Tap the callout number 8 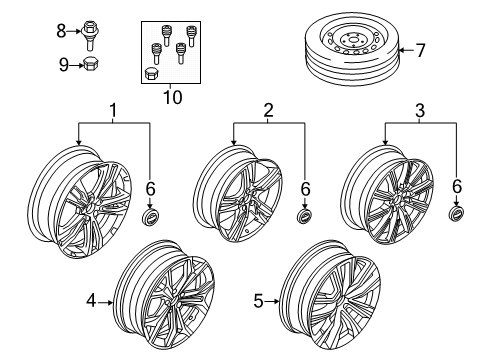coord(61,32)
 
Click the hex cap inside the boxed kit coord(152,73)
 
